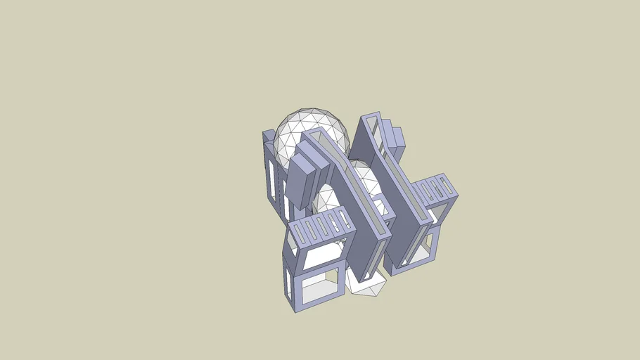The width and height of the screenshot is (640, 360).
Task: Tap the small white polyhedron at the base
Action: tap(366, 282)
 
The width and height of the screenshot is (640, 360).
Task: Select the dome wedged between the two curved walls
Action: tap(364, 179)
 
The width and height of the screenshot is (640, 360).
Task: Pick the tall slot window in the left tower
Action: tap(272, 179)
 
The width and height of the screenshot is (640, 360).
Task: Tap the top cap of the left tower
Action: tap(269, 135)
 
